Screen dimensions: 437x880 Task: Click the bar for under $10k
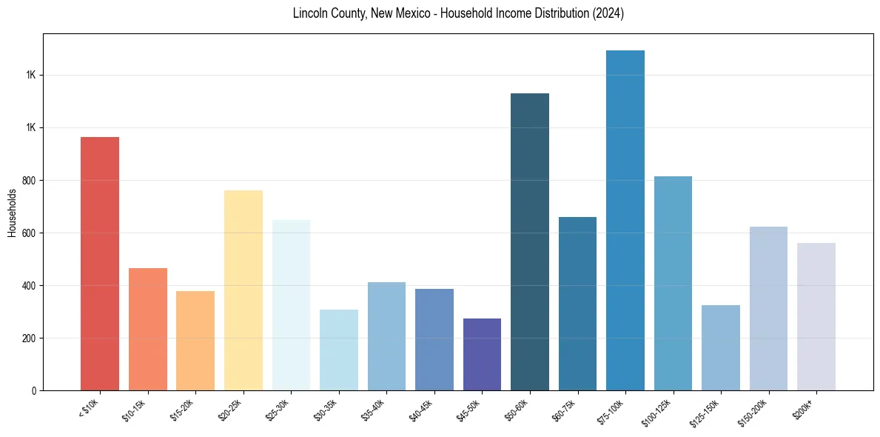click(100, 263)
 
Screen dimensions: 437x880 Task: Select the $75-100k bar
click(625, 221)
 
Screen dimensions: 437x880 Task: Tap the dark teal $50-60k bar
click(530, 241)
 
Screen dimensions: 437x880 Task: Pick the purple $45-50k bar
click(482, 354)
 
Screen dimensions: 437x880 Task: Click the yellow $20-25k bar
click(243, 290)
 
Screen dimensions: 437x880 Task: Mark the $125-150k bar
click(721, 347)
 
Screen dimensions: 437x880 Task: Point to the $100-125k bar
click(673, 283)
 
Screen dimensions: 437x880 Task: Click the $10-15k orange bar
click(148, 329)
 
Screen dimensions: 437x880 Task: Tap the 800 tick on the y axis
click(30, 180)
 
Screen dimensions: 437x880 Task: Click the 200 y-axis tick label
click(30, 338)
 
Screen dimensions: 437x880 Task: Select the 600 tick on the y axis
click(30, 233)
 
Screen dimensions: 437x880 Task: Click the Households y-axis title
click(12, 213)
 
